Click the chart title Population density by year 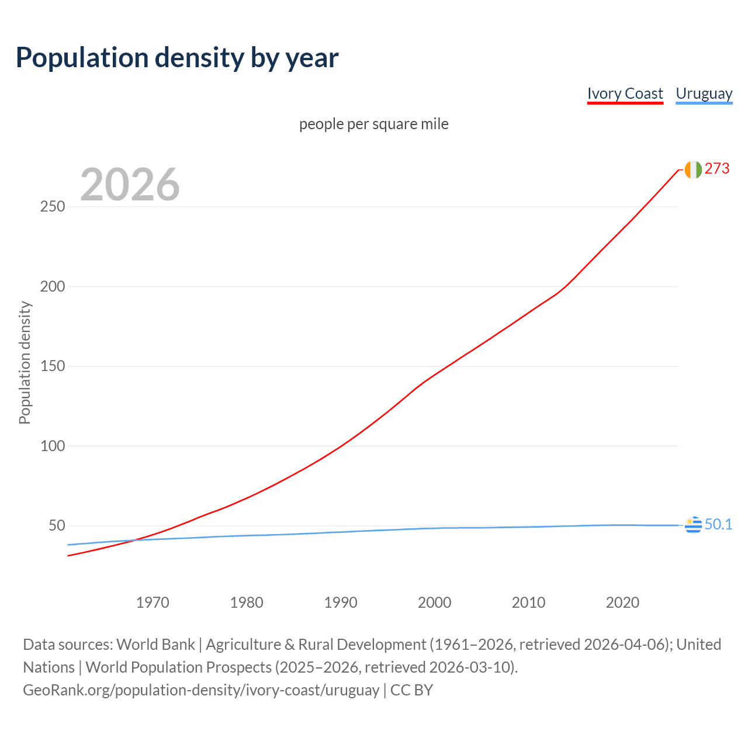pyautogui.click(x=177, y=58)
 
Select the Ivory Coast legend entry pyautogui.click(x=625, y=93)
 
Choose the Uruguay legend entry pyautogui.click(x=704, y=93)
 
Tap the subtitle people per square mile pyautogui.click(x=374, y=124)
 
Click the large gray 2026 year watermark pyautogui.click(x=130, y=185)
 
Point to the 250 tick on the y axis pyautogui.click(x=53, y=207)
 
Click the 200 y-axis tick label pyautogui.click(x=53, y=286)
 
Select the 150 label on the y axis pyautogui.click(x=53, y=366)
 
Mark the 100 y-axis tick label pyautogui.click(x=53, y=446)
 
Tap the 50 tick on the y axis pyautogui.click(x=57, y=526)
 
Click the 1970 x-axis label pyautogui.click(x=153, y=602)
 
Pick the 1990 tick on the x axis pyautogui.click(x=341, y=602)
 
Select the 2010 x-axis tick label pyautogui.click(x=528, y=602)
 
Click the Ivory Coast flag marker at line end pyautogui.click(x=693, y=169)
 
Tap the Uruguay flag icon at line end pyautogui.click(x=693, y=525)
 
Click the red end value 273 pyautogui.click(x=717, y=169)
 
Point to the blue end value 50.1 pyautogui.click(x=718, y=525)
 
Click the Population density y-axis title pyautogui.click(x=25, y=362)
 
